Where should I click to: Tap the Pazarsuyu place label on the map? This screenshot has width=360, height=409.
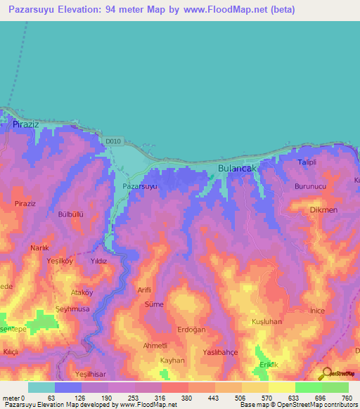[x=139, y=187]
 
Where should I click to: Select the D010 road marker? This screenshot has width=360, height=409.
[x=114, y=141]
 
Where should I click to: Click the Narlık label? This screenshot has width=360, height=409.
[x=40, y=248]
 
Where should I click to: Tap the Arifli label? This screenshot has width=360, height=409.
[x=144, y=289]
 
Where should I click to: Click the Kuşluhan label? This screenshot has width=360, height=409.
[x=266, y=322]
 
